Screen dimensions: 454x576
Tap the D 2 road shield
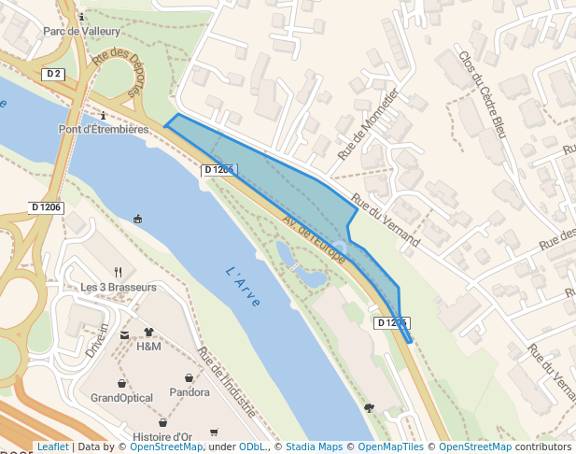[x=54, y=74]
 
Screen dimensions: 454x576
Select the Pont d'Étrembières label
[x=104, y=129]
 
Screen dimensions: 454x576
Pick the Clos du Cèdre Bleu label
[x=482, y=94]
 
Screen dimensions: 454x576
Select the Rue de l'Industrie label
[x=227, y=382]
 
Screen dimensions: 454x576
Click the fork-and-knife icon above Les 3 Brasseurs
[x=117, y=271]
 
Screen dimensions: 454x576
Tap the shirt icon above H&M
[x=148, y=332]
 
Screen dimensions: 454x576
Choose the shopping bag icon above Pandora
[x=190, y=377]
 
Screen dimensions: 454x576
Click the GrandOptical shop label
[x=121, y=398]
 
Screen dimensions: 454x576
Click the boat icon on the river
[x=138, y=220]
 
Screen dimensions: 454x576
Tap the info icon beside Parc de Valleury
[x=82, y=17]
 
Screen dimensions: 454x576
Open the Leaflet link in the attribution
[x=52, y=447]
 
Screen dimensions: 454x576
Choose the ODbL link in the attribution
[x=252, y=447]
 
